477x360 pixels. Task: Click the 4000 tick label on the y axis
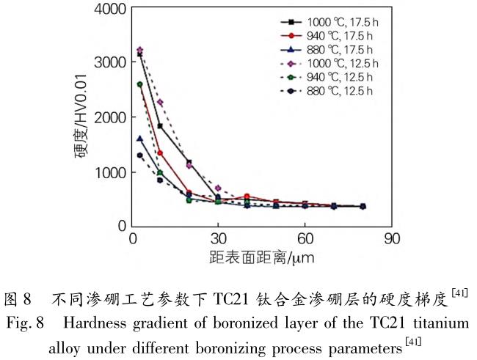[x=109, y=10]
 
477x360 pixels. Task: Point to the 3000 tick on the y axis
[x=109, y=63]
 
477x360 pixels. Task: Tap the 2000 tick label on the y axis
[x=109, y=117]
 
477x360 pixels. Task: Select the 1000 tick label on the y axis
[x=109, y=172]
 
